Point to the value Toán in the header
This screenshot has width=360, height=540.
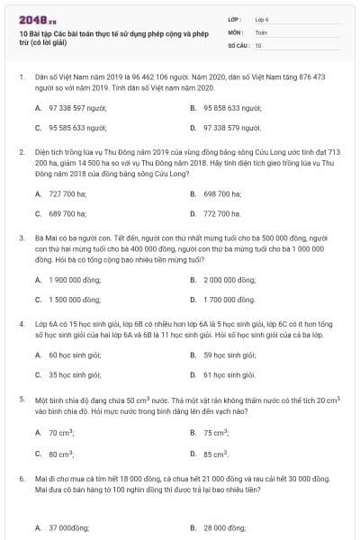pyautogui.click(x=262, y=31)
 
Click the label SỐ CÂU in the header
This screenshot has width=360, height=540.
pyautogui.click(x=238, y=44)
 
